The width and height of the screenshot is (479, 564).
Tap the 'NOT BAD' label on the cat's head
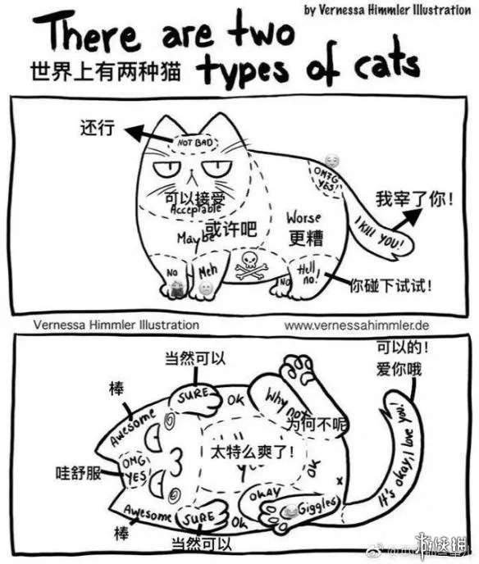[x=194, y=143]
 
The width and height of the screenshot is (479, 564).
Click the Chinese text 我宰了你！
[x=413, y=198]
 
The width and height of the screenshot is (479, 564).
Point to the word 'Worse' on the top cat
[x=303, y=219]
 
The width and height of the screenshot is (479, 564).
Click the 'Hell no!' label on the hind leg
[x=307, y=273]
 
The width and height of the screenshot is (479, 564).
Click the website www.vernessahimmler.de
[x=357, y=325]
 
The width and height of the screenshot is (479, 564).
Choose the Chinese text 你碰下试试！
[x=391, y=287]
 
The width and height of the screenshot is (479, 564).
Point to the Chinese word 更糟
[x=303, y=238]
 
